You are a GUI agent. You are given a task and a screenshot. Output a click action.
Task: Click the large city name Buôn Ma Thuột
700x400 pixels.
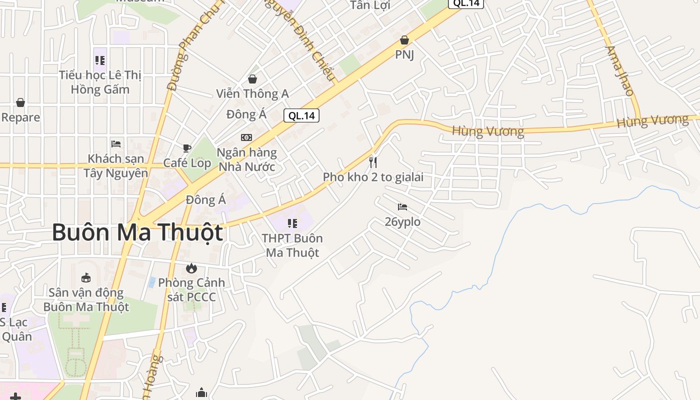tap(137, 233)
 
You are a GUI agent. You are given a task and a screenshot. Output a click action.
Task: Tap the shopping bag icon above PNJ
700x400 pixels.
tap(404, 40)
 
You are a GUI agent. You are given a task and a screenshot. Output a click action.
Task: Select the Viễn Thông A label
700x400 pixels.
tap(252, 93)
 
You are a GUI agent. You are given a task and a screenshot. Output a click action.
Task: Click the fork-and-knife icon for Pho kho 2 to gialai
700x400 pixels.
tap(372, 162)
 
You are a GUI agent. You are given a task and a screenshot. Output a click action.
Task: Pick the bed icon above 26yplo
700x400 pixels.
tap(402, 206)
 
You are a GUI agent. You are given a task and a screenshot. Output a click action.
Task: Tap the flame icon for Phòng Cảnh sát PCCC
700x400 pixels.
tap(191, 268)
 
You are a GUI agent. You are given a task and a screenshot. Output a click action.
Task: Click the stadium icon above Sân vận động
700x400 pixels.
tap(86, 277)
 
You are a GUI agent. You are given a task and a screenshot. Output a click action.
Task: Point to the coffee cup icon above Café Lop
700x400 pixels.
tap(187, 148)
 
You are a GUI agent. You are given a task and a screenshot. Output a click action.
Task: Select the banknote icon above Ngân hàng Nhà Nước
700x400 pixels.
tap(246, 137)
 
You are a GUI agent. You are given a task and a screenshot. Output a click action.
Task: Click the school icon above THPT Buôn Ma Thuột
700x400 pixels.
tap(292, 223)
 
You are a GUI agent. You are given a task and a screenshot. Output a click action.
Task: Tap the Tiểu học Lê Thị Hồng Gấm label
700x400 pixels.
tap(100, 82)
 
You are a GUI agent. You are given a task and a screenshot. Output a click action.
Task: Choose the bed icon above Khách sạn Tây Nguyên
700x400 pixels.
tap(116, 144)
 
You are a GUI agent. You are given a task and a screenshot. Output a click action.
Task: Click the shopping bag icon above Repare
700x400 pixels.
tap(20, 102)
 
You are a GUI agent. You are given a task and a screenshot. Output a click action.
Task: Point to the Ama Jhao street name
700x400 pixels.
tap(619, 70)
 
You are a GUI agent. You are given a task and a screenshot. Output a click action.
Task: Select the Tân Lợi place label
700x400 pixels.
tap(370, 5)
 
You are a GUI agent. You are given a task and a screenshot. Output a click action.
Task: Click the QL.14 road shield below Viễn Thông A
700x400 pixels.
tap(301, 115)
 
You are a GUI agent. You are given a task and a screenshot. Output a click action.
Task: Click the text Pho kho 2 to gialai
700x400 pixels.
tap(373, 177)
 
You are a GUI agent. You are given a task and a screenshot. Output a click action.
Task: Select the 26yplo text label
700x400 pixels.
tap(402, 221)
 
